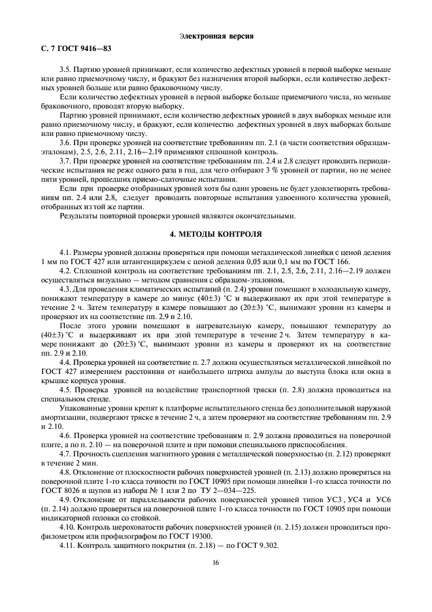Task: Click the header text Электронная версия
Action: coord(216,35)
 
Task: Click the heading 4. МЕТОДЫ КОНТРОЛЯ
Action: coord(216,233)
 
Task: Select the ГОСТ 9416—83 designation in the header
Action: coord(75,49)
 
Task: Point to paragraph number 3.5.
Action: coord(65,69)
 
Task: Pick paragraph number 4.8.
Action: coord(65,471)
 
